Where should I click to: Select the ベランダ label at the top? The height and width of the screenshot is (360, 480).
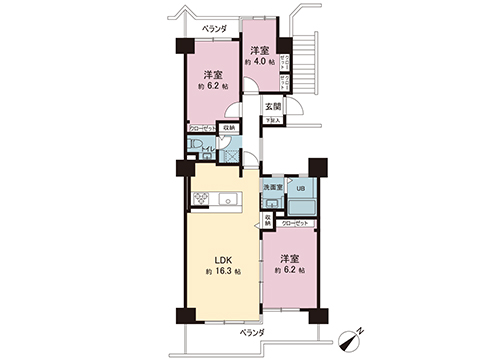[213, 29]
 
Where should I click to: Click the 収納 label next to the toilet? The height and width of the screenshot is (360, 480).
[229, 128]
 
